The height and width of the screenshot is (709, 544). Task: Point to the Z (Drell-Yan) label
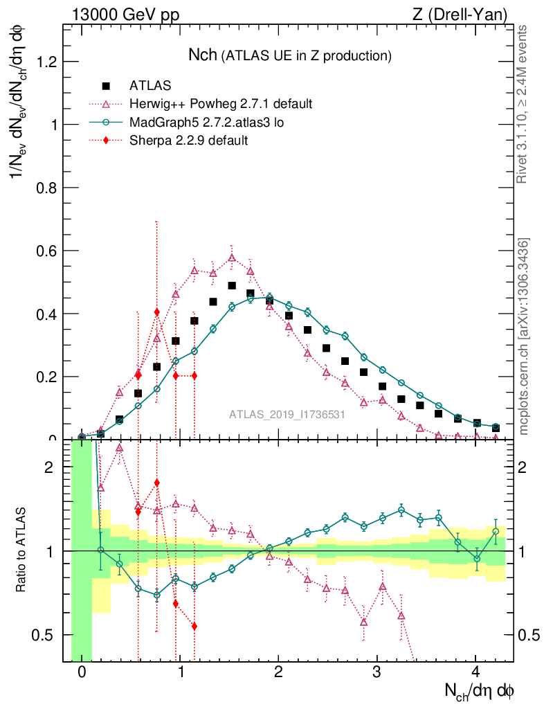click(x=461, y=14)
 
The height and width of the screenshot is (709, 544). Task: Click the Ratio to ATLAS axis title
click(x=22, y=550)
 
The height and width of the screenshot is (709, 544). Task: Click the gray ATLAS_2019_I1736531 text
click(x=287, y=415)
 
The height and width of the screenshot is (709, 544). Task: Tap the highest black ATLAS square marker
click(x=232, y=286)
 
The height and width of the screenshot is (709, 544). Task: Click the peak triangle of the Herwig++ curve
click(x=232, y=258)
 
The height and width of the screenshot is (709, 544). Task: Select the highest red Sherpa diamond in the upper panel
click(x=157, y=312)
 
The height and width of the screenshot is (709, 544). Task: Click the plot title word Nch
click(x=203, y=55)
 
